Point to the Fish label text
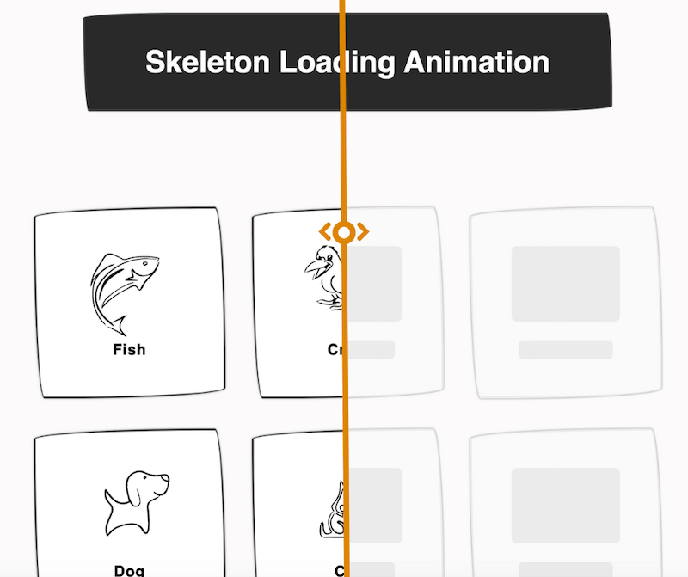pyautogui.click(x=129, y=350)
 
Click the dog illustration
pyautogui.click(x=135, y=503)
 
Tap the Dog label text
pyautogui.click(x=129, y=569)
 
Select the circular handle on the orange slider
pyautogui.click(x=344, y=232)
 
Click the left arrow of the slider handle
pyautogui.click(x=326, y=232)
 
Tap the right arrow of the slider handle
pyautogui.click(x=362, y=232)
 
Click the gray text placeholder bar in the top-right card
pyautogui.click(x=566, y=349)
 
